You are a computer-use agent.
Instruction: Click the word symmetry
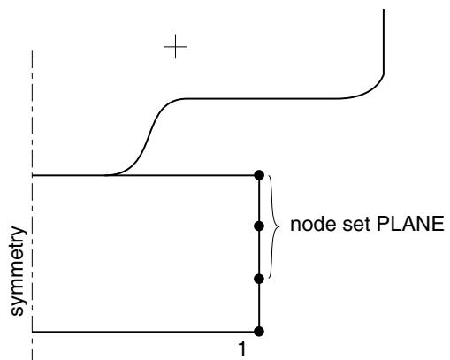19,271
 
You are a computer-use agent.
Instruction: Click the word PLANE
410,224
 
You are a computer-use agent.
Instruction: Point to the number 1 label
241,349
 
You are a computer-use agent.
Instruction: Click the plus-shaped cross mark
175,47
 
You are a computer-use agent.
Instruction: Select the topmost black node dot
259,175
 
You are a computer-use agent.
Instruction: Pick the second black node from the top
259,226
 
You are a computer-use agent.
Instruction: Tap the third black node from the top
259,279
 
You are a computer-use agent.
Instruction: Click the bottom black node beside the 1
259,332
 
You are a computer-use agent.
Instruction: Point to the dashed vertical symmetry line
32,205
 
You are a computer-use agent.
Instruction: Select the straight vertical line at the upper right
384,42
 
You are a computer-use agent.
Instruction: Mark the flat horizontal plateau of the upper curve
263,98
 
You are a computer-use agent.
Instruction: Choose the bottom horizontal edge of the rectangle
145,332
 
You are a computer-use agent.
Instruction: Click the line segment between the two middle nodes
259,252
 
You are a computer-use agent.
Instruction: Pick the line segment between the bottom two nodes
259,305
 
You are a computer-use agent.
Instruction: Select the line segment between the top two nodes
259,201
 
